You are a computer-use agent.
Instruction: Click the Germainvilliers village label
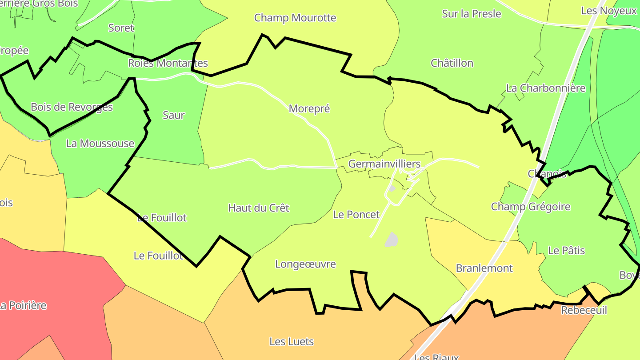pyautogui.click(x=384, y=164)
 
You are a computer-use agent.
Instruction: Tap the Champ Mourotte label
pyautogui.click(x=295, y=18)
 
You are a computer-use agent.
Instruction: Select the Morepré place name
pyautogui.click(x=309, y=109)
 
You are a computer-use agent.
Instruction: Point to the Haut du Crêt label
pyautogui.click(x=258, y=208)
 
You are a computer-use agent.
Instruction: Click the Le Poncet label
pyautogui.click(x=356, y=215)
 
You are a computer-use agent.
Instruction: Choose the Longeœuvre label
pyautogui.click(x=305, y=264)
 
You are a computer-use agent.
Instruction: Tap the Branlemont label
pyautogui.click(x=484, y=268)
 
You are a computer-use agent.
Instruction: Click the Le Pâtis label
pyautogui.click(x=566, y=251)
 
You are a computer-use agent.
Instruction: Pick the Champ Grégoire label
pyautogui.click(x=530, y=207)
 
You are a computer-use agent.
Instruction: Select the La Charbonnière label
pyautogui.click(x=546, y=88)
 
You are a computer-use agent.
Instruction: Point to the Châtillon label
pyautogui.click(x=452, y=63)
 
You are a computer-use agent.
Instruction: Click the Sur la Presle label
pyautogui.click(x=472, y=14)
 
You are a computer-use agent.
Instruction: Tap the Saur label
pyautogui.click(x=173, y=116)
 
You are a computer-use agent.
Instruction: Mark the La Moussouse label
pyautogui.click(x=100, y=144)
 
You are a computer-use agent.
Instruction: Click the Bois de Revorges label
pyautogui.click(x=72, y=107)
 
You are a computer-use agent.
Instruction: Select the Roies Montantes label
pyautogui.click(x=168, y=63)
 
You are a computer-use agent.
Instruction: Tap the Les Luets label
pyautogui.click(x=292, y=342)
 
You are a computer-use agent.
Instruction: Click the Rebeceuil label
pyautogui.click(x=584, y=310)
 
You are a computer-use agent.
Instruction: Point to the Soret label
pyautogui.click(x=121, y=28)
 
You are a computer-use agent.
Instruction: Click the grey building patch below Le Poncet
pyautogui.click(x=391, y=240)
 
